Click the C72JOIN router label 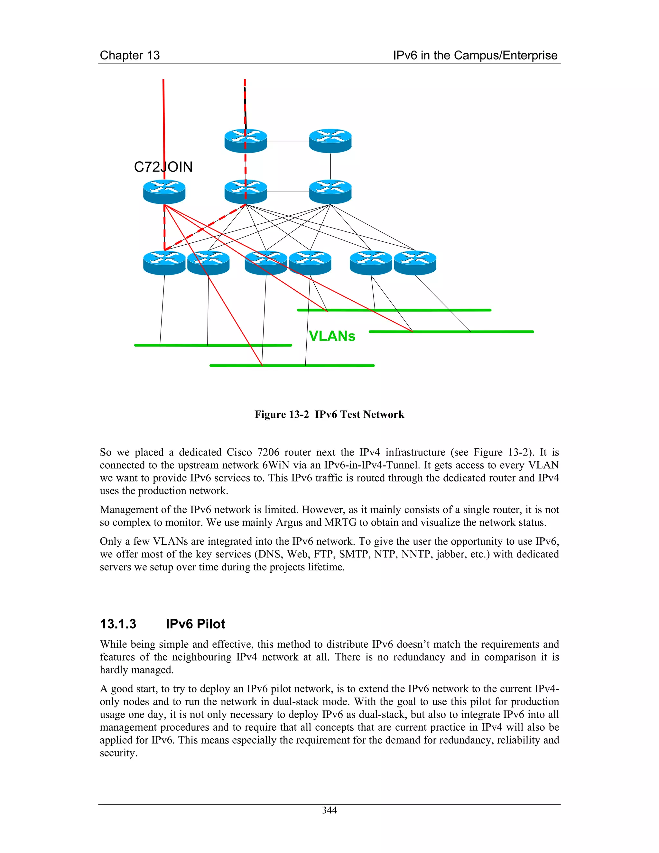tap(163, 167)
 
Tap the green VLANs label tap(332, 336)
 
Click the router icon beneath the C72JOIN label tap(164, 192)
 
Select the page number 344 tap(329, 811)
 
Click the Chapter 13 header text tap(130, 55)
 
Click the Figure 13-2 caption tap(329, 414)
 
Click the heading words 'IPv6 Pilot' tap(195, 624)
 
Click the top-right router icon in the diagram tap(330, 141)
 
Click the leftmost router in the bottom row tap(164, 263)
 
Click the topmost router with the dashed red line tap(246, 141)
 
